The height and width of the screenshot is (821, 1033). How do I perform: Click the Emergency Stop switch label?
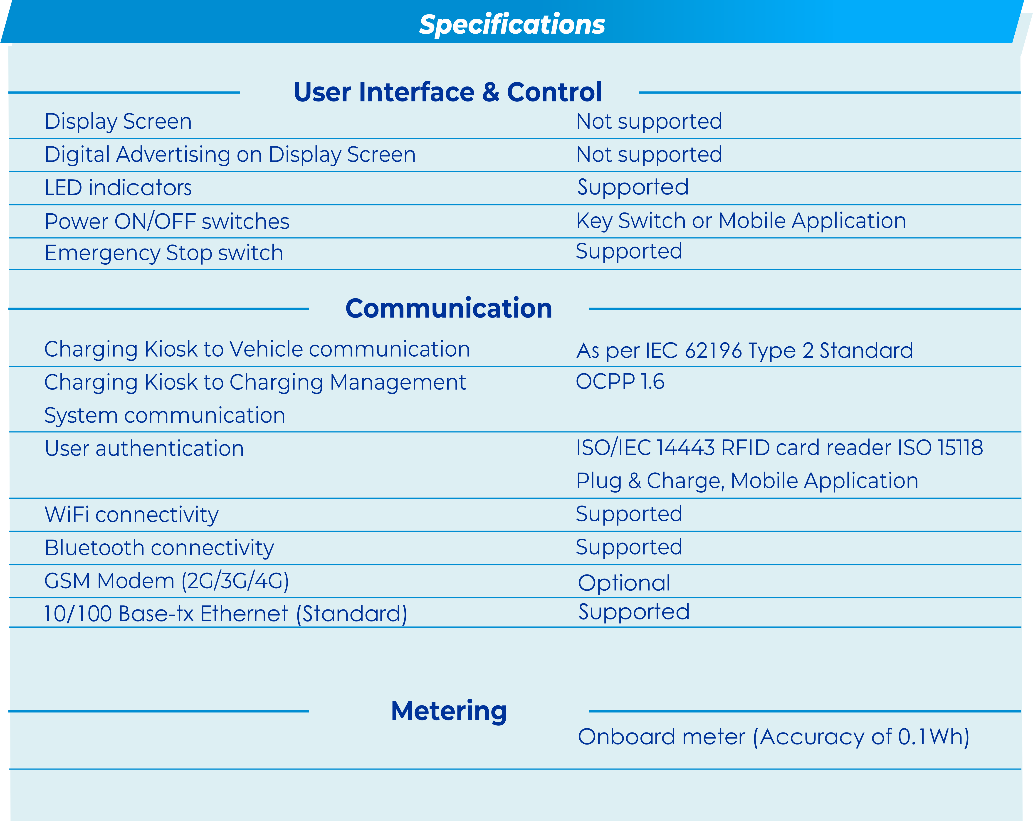(164, 253)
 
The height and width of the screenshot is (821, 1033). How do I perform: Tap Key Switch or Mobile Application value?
(741, 221)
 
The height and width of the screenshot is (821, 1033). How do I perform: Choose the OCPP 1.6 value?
(620, 382)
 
